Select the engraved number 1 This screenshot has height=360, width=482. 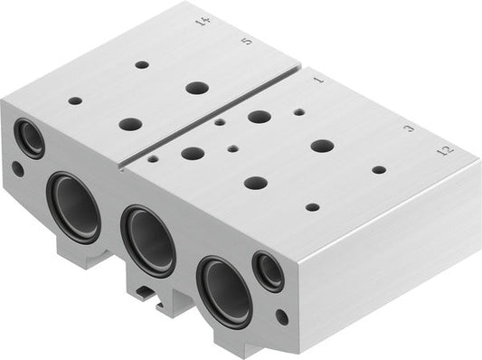[x=317, y=81]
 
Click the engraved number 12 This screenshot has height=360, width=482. [x=443, y=151]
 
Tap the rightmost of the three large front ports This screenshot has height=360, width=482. [x=224, y=290]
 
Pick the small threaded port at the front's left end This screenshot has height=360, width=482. [x=30, y=139]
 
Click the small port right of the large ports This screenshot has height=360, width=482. [x=268, y=271]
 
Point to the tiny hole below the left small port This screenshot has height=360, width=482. [x=18, y=168]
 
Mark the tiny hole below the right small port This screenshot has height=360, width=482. [x=282, y=317]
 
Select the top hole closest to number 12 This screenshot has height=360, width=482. [x=379, y=169]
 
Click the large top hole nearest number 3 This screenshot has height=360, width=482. [x=322, y=145]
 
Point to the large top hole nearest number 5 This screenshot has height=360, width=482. [x=196, y=88]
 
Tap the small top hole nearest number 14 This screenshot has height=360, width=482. [x=142, y=65]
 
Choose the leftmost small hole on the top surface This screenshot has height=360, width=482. [x=75, y=100]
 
